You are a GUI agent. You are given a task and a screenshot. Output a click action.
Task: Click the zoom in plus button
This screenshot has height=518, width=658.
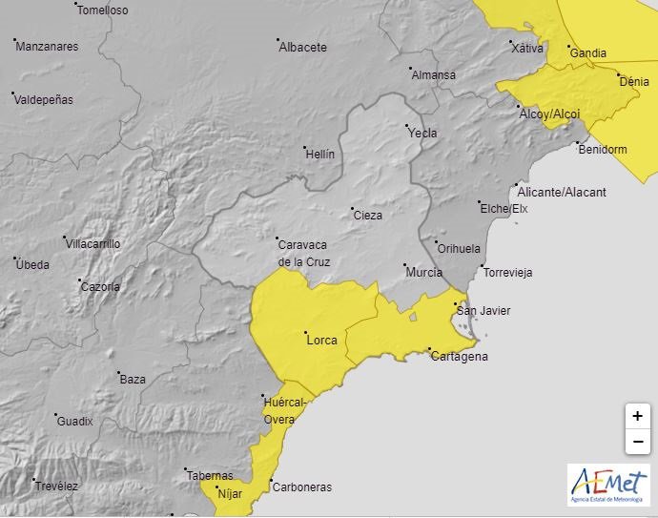(x=637, y=417)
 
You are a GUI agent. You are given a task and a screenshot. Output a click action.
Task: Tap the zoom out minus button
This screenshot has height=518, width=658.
(x=637, y=442)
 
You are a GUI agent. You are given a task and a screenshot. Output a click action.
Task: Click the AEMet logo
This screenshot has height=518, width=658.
(x=607, y=486)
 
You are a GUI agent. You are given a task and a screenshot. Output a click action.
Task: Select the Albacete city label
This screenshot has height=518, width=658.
(x=302, y=47)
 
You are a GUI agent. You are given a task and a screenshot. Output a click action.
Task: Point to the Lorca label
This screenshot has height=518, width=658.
(x=321, y=340)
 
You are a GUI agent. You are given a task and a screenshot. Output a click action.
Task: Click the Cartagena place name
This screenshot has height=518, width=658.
(x=459, y=357)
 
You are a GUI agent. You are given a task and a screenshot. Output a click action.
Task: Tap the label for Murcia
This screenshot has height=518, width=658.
(x=423, y=273)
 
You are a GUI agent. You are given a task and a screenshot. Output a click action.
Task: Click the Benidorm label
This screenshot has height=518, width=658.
(x=603, y=149)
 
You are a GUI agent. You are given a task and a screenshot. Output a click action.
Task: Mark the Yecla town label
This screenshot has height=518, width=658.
(x=422, y=134)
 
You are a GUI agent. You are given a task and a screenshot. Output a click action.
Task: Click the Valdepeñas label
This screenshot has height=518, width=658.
(x=45, y=99)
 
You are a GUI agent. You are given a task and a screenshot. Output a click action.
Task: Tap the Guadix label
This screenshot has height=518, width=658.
(x=74, y=421)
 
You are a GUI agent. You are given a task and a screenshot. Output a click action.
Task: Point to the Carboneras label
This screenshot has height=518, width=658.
(x=301, y=487)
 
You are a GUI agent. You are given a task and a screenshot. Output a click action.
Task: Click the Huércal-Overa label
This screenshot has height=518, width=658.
(x=285, y=411)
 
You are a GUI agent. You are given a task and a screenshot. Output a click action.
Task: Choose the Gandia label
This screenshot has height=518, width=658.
(x=588, y=53)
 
